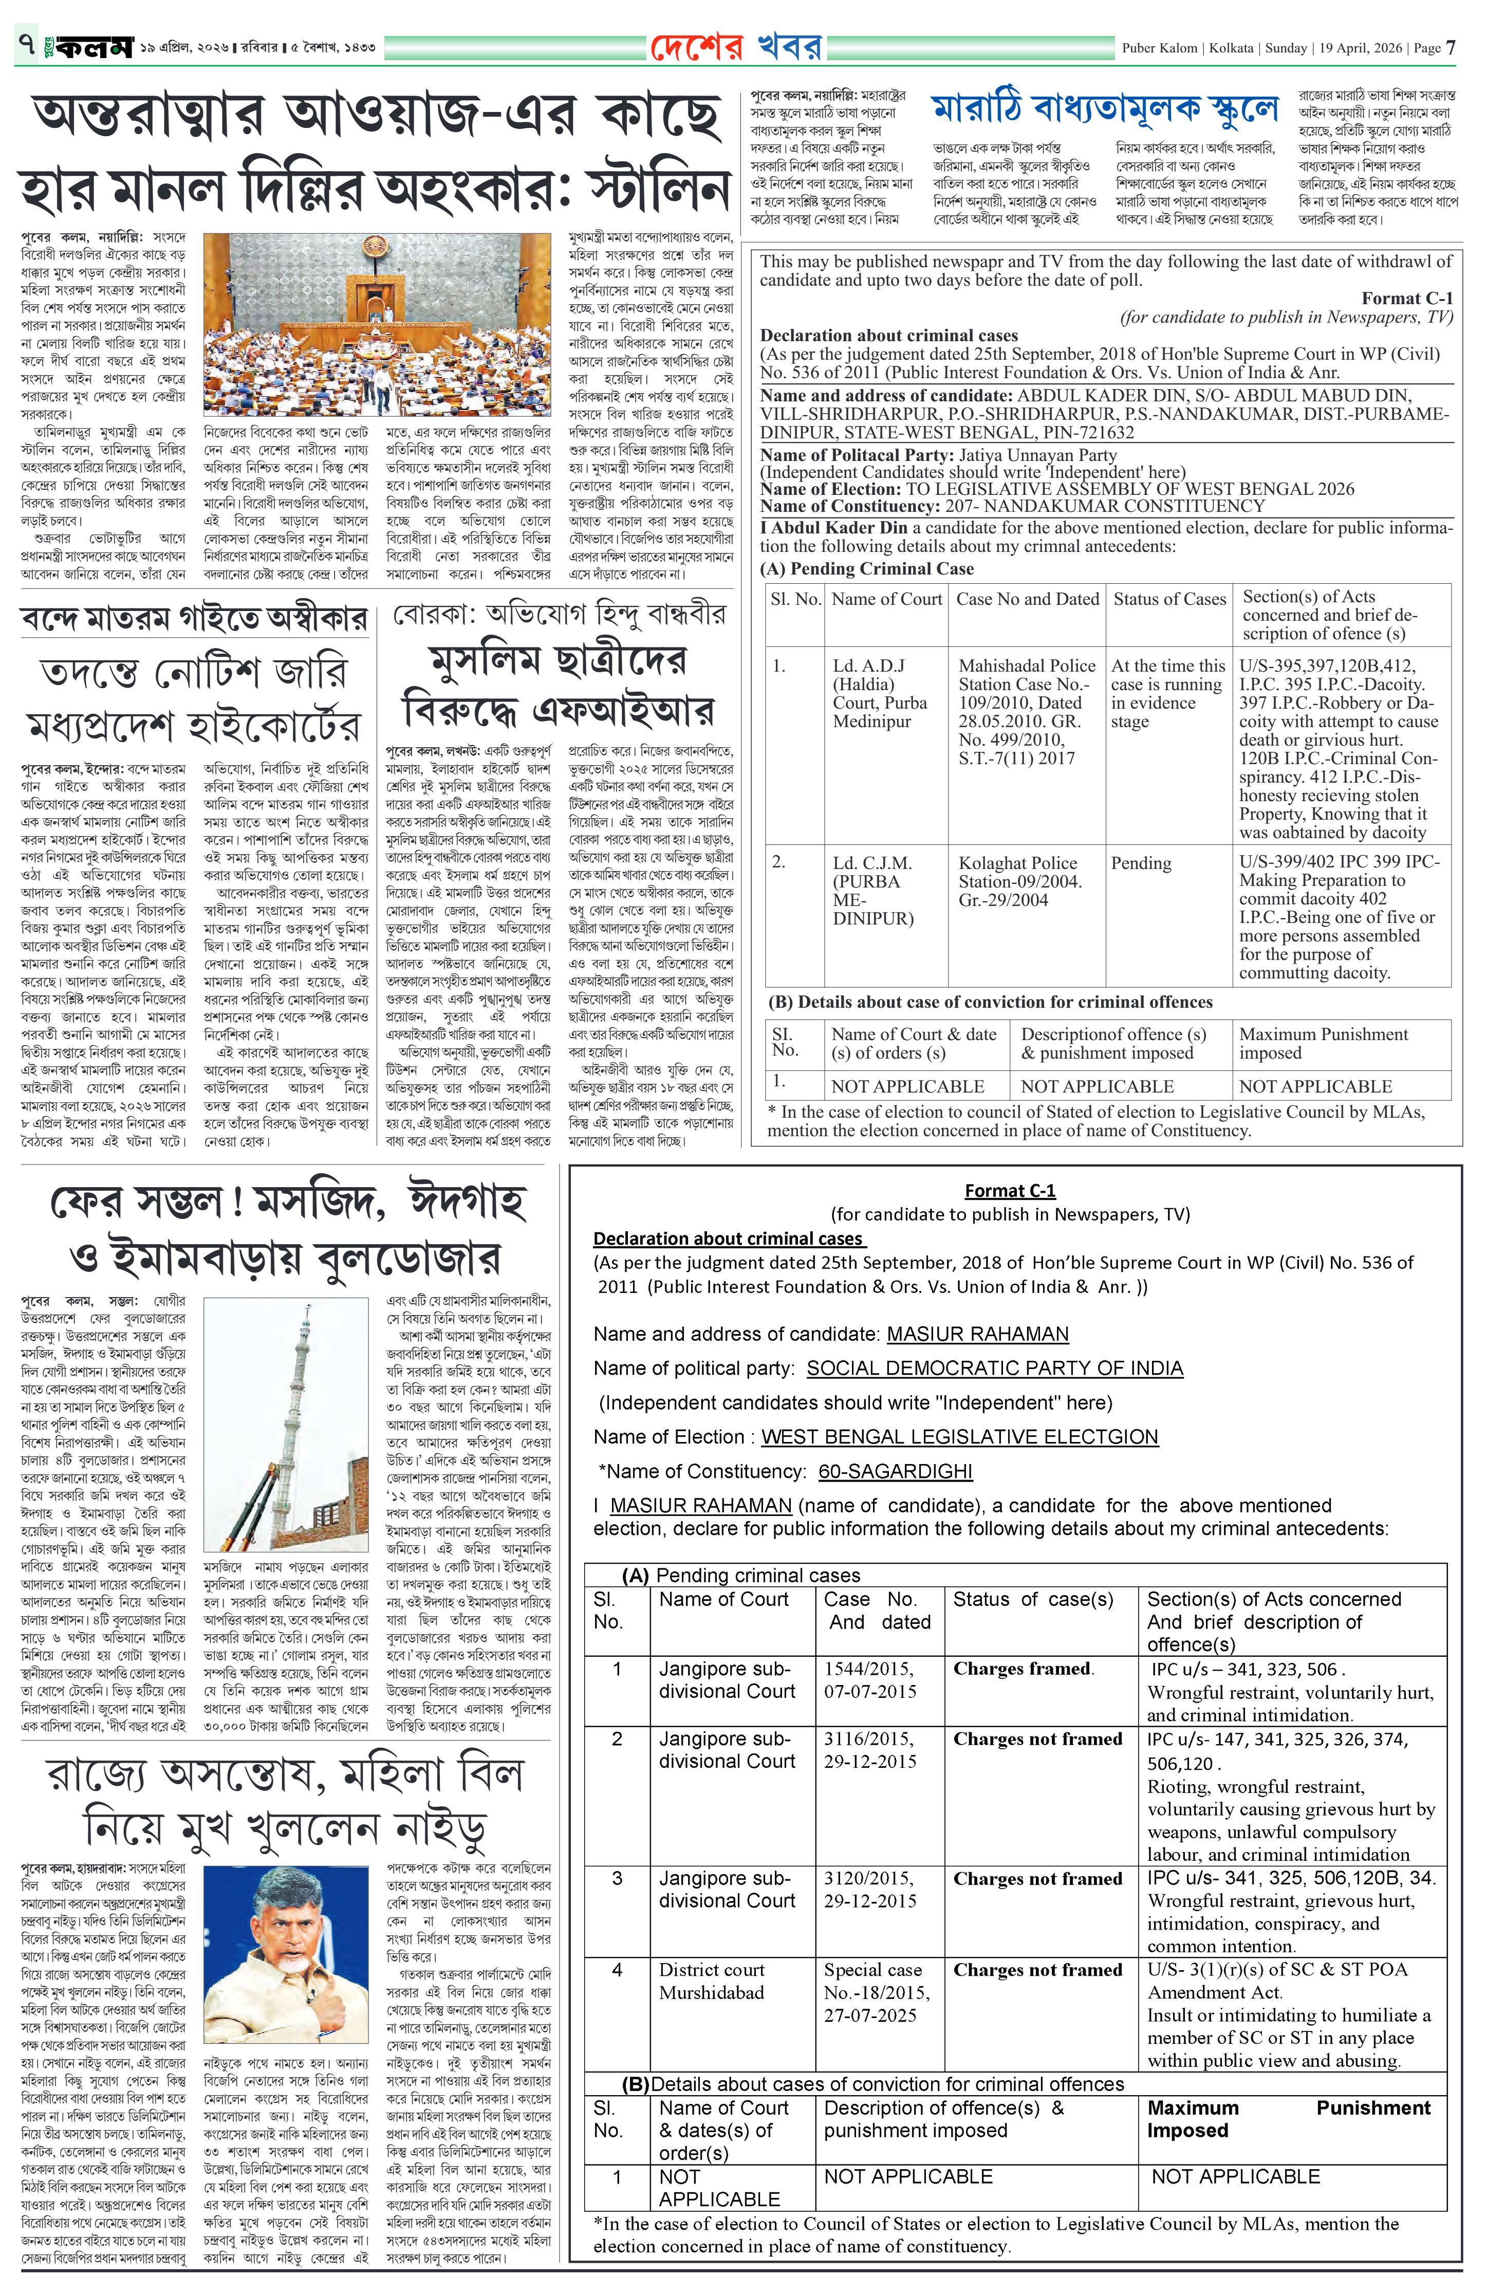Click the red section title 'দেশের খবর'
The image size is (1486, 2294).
pos(737,46)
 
